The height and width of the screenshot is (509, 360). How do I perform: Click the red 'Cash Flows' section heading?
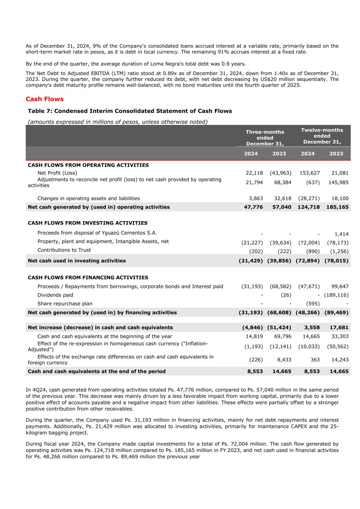coord(45,99)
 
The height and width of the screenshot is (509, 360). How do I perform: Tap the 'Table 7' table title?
coord(130,111)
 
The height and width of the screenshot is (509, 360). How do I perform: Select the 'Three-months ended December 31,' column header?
coord(265,138)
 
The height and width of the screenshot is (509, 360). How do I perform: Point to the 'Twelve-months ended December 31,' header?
coord(322,136)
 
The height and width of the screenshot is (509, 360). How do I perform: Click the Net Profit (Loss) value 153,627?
coord(309,173)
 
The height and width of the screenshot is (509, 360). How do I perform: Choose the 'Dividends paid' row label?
coord(55,295)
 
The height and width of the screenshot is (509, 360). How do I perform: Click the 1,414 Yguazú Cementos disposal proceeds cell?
coord(341,234)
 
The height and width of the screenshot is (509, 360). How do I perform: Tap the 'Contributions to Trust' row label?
coord(64,250)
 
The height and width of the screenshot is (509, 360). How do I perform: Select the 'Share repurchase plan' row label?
coord(65,304)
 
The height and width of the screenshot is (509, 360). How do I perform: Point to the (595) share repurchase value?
coord(313,304)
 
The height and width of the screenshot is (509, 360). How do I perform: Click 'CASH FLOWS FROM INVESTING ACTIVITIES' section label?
coord(88,223)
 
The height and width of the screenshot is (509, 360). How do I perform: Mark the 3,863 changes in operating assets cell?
coord(256,199)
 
